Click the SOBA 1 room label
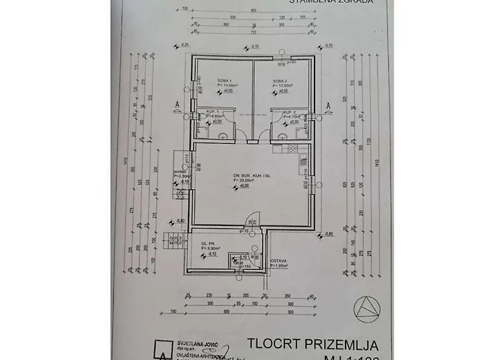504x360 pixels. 214,81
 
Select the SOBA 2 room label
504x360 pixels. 280,81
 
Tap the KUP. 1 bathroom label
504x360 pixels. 212,112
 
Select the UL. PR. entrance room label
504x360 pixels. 210,244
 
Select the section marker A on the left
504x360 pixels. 176,104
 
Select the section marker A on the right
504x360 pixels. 328,104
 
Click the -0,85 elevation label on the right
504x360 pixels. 329,234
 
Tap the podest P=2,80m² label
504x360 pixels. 181,175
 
